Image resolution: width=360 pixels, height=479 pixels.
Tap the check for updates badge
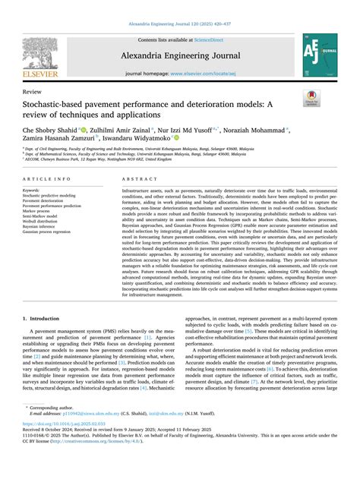311,97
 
